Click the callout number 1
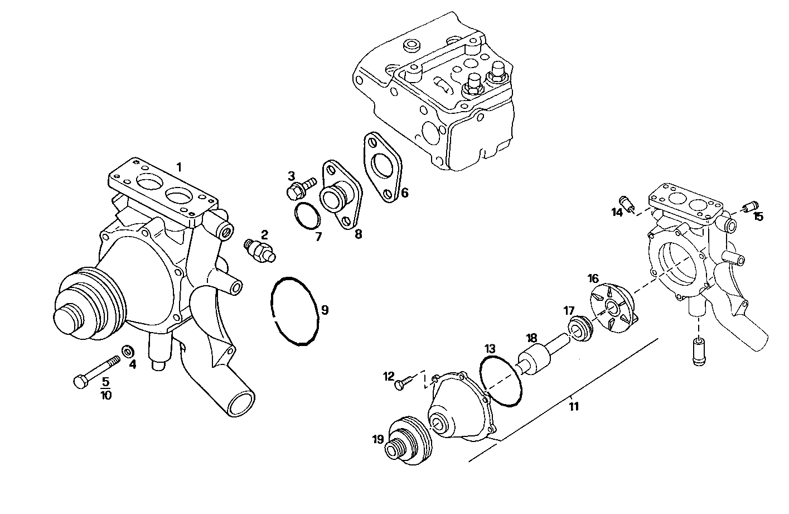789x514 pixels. (x=179, y=166)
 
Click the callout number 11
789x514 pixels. (x=574, y=406)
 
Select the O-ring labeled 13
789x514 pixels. (x=502, y=382)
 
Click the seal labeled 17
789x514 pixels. (x=580, y=327)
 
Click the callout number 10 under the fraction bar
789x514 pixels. (x=105, y=395)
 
